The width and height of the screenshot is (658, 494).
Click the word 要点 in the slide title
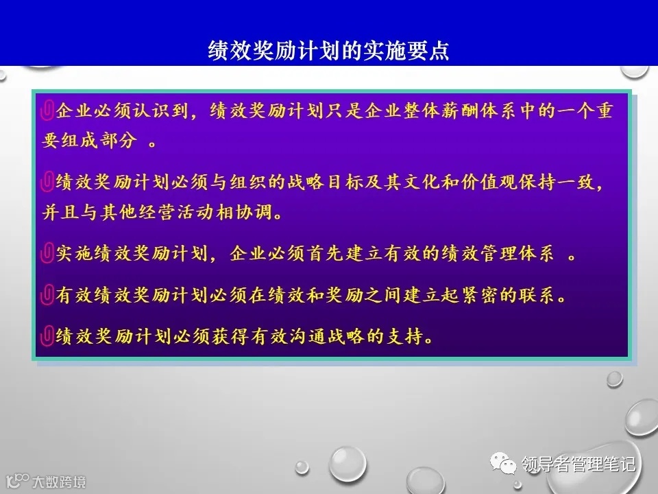click(x=430, y=50)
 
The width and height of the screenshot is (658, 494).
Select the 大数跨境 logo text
click(x=59, y=481)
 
